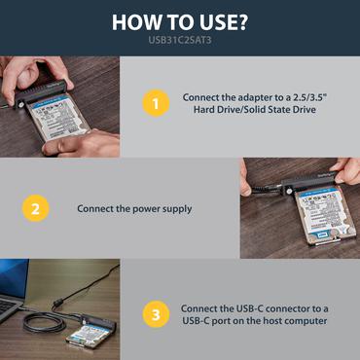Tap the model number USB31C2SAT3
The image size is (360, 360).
click(180, 40)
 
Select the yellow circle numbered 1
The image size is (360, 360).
click(151, 103)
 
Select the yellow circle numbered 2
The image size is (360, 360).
click(34, 208)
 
